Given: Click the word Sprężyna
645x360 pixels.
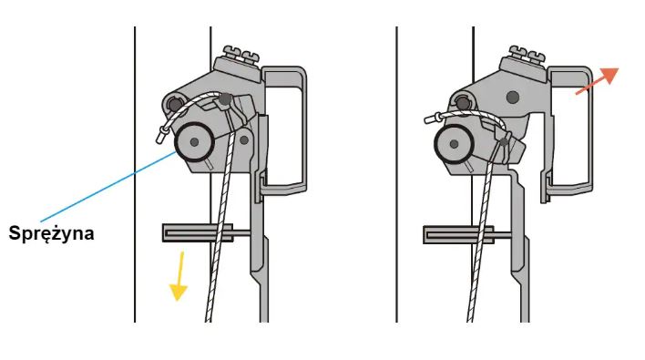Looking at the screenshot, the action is click(x=51, y=233).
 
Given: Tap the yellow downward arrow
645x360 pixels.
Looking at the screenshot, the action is click(x=179, y=276).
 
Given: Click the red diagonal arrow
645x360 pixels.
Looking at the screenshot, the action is click(x=598, y=80).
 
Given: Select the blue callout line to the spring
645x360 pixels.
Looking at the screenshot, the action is click(x=108, y=187).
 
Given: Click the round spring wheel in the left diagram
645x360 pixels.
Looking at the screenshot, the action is click(x=194, y=142).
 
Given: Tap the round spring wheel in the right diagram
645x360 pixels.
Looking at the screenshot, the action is click(x=454, y=144).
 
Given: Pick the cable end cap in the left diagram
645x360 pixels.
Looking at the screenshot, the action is click(x=160, y=135).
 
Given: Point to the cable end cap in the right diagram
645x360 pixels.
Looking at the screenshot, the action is click(x=432, y=118).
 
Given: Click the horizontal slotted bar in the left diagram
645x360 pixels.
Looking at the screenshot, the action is click(x=198, y=233).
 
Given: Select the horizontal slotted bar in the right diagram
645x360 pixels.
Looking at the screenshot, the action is click(x=458, y=234).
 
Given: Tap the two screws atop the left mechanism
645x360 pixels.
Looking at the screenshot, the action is click(x=241, y=54).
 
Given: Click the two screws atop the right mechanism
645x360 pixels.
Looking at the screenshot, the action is click(x=527, y=54).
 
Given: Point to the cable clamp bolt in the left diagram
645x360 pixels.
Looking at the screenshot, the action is click(x=225, y=98).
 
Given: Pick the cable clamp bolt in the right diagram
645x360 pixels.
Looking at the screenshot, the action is click(x=504, y=143).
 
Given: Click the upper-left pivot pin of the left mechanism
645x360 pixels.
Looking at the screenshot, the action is click(x=175, y=104).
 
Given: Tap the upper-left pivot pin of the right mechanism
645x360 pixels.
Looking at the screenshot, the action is click(x=463, y=103).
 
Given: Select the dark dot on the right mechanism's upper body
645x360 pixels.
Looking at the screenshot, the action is click(x=513, y=98).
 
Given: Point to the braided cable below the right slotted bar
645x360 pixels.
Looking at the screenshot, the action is click(x=474, y=283).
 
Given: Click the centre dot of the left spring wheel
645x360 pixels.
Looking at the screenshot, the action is click(x=195, y=142).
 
